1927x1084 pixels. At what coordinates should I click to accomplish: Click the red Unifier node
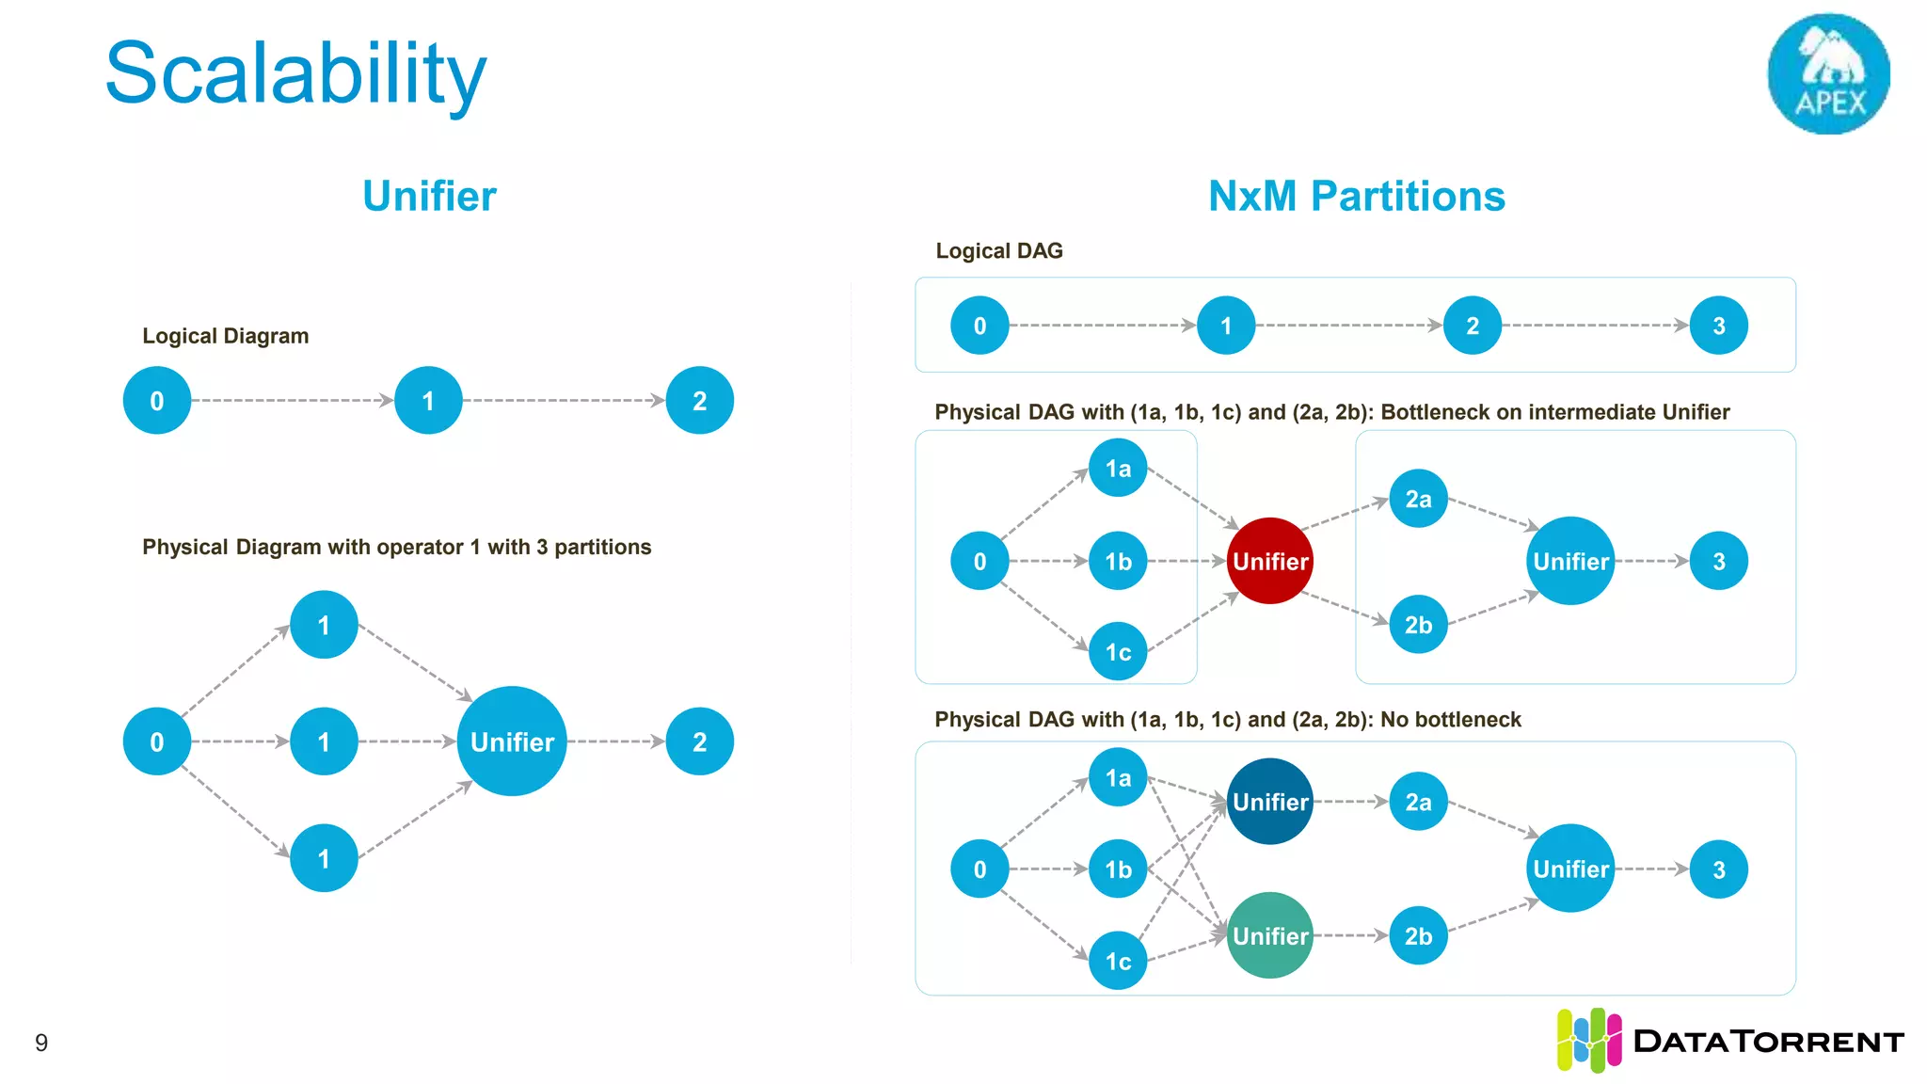tap(1269, 561)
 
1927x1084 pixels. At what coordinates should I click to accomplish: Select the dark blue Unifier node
tap(1269, 802)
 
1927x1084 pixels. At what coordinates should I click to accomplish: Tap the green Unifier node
tap(1269, 935)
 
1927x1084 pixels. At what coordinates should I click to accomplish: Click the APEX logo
tap(1828, 73)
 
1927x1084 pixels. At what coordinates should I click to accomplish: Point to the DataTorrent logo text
tap(1768, 1042)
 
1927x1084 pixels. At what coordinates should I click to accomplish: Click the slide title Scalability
tap(295, 73)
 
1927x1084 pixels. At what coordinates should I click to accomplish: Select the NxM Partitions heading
tap(1356, 196)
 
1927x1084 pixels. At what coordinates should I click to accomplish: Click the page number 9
tap(41, 1043)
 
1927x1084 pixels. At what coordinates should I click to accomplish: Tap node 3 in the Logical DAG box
tap(1718, 326)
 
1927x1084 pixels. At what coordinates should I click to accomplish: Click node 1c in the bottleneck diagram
tap(1118, 651)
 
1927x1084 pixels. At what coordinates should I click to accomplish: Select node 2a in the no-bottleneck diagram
tap(1418, 802)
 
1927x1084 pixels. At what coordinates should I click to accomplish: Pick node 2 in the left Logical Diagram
tap(699, 401)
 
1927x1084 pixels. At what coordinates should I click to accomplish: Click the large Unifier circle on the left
tap(512, 741)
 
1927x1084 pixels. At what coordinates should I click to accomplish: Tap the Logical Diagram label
tap(225, 336)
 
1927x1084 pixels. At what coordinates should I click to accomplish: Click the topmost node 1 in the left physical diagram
tap(324, 625)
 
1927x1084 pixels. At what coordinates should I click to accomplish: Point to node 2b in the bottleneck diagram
tap(1418, 624)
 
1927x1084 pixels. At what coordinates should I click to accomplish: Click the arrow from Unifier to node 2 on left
tap(616, 741)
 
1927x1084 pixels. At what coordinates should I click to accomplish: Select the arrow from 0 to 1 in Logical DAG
tap(1102, 326)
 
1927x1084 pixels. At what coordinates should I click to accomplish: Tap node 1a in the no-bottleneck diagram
tap(1118, 777)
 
